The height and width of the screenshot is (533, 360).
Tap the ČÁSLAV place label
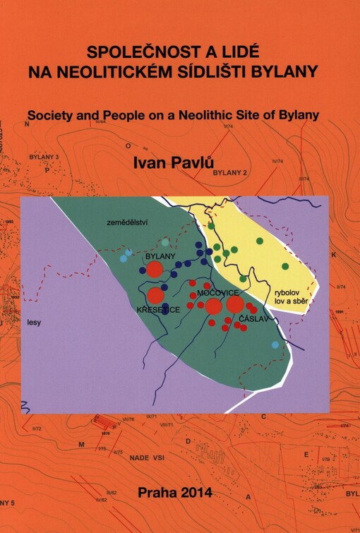254,320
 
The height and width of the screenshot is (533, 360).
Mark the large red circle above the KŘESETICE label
155,295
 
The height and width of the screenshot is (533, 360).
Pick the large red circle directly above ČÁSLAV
236,304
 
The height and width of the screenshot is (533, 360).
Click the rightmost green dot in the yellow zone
285,266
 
